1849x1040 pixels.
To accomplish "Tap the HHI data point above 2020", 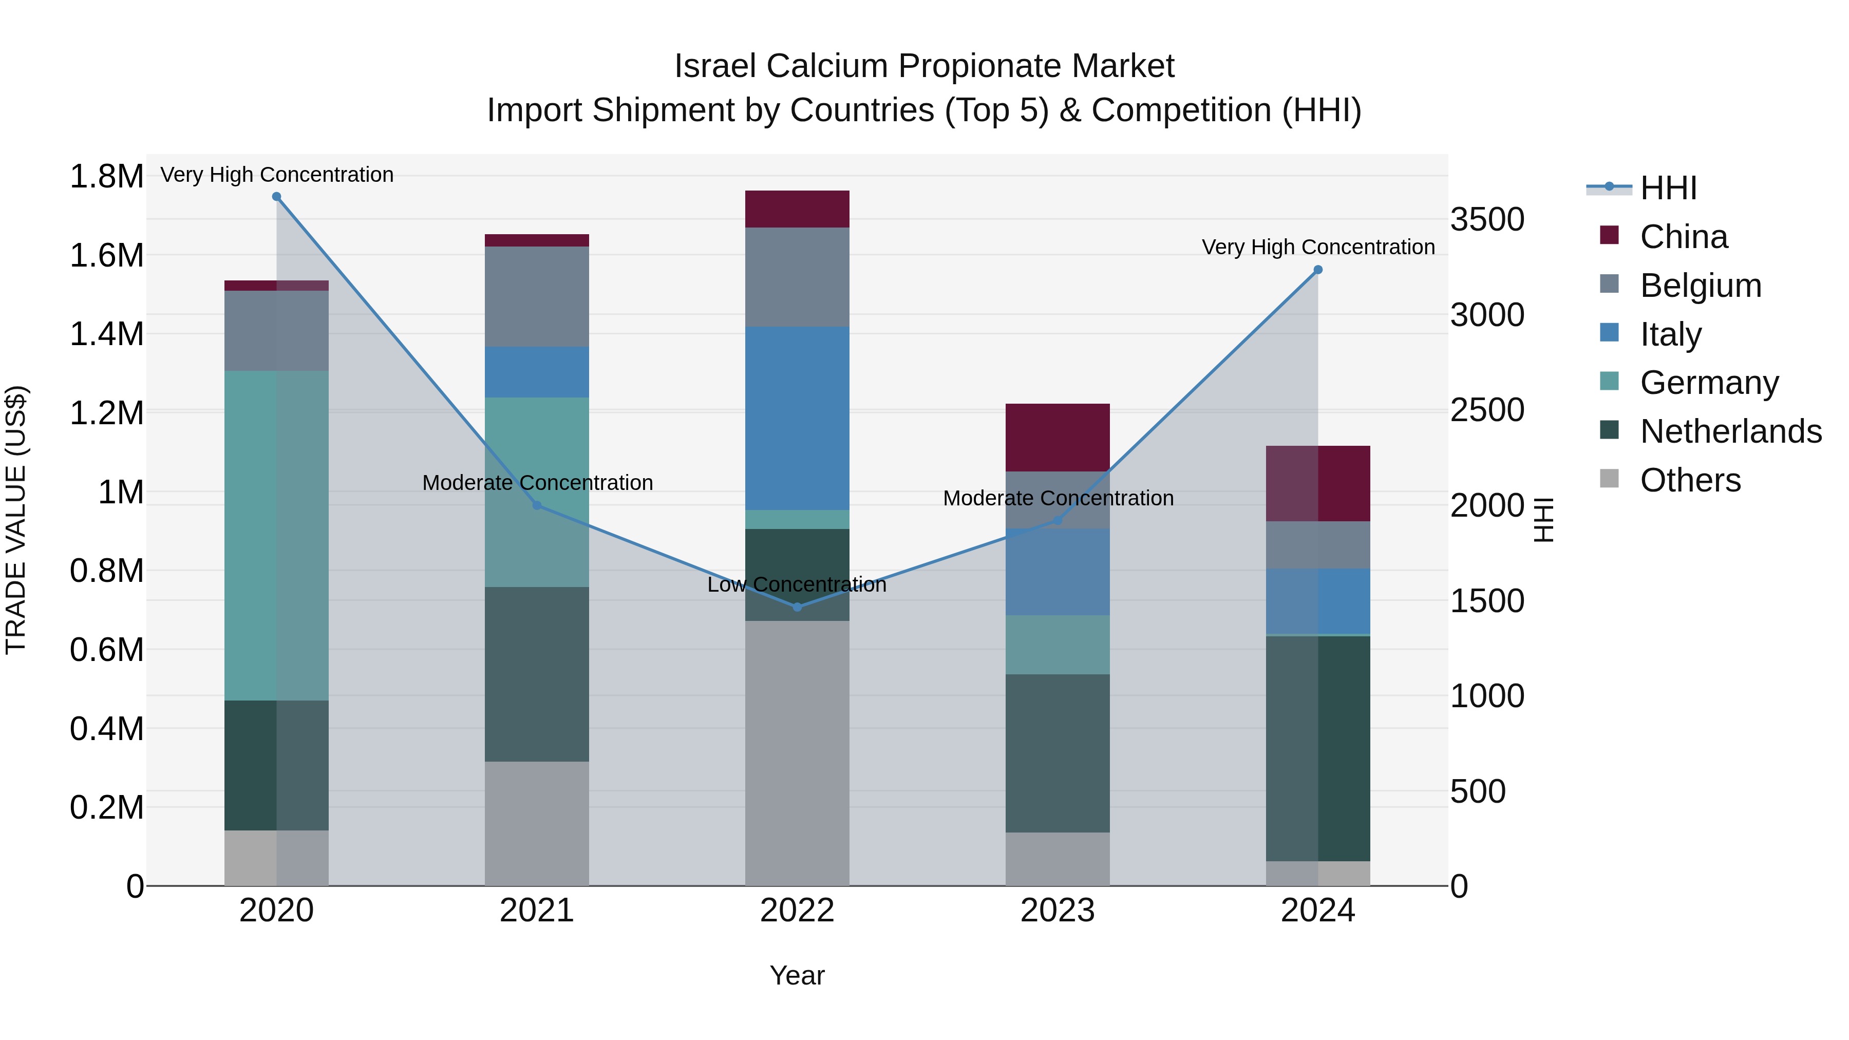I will [276, 197].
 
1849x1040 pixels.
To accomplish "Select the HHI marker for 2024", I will [1318, 270].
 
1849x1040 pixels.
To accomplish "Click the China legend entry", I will [1683, 237].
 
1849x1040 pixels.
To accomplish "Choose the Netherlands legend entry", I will [1730, 431].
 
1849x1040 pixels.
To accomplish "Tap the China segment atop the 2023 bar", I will [1058, 437].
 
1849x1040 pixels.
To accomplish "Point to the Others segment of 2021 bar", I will [537, 823].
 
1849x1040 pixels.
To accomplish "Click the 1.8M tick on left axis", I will [106, 177].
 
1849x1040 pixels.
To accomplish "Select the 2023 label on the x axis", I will [1058, 911].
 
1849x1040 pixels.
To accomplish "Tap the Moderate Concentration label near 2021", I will [537, 483].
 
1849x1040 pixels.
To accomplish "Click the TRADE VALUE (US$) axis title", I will [16, 520].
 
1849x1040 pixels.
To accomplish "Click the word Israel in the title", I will [715, 67].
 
